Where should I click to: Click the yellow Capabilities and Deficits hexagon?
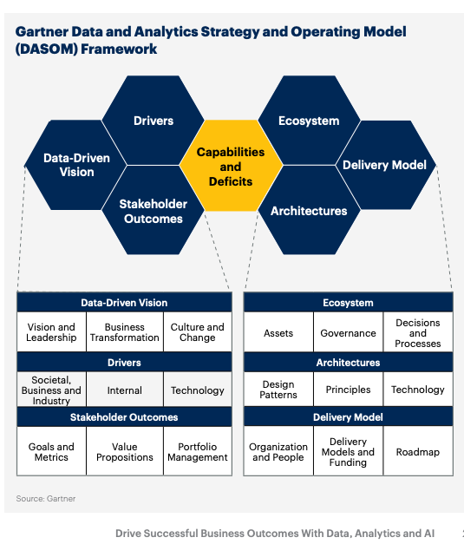[x=231, y=166]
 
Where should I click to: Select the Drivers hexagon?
[x=154, y=121]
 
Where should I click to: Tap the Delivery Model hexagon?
[x=384, y=165]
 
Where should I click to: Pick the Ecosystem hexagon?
[x=309, y=121]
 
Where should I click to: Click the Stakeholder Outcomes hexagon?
[x=154, y=211]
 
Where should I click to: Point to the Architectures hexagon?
[x=309, y=211]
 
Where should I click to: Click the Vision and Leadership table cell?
[x=51, y=332]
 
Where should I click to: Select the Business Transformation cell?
[x=125, y=332]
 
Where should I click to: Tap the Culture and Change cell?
[x=198, y=332]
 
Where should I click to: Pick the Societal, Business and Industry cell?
[x=51, y=390]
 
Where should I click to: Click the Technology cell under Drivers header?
[x=198, y=390]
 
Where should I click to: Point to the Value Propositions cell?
[x=125, y=451]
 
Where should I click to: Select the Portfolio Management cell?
[x=198, y=451]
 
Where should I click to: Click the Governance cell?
[x=348, y=332]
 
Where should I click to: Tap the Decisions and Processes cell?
[x=418, y=332]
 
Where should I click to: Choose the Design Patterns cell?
[x=278, y=390]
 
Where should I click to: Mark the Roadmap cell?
[x=418, y=451]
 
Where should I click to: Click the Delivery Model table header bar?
[x=348, y=417]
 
